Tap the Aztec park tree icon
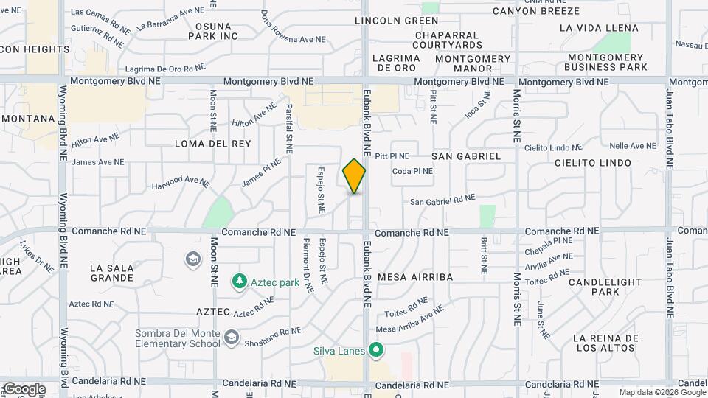pyautogui.click(x=239, y=281)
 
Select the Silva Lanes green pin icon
pyautogui.click(x=376, y=350)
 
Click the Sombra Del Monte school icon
pyautogui.click(x=232, y=338)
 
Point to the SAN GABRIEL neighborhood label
pyautogui.click(x=466, y=156)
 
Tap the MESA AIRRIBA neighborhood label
pyautogui.click(x=414, y=277)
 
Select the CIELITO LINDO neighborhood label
pyautogui.click(x=593, y=162)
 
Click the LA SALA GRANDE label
pyautogui.click(x=112, y=273)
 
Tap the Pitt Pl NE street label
pyautogui.click(x=392, y=156)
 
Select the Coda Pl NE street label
pyautogui.click(x=412, y=171)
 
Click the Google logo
pyautogui.click(x=24, y=389)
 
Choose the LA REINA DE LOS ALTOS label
pyautogui.click(x=604, y=343)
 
